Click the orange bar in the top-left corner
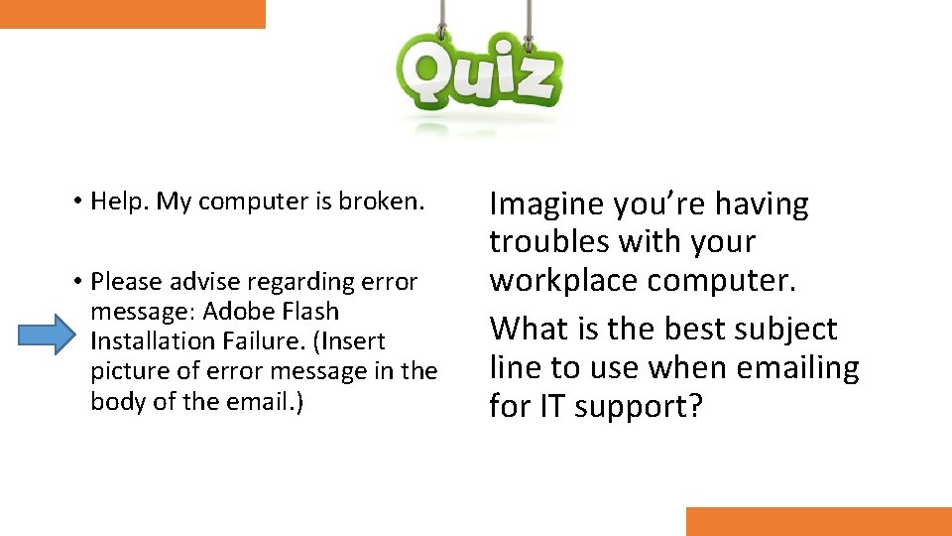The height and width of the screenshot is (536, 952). pos(132,14)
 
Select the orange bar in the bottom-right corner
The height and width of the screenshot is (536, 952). pos(818,521)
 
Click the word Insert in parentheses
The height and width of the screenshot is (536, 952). pos(347,341)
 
